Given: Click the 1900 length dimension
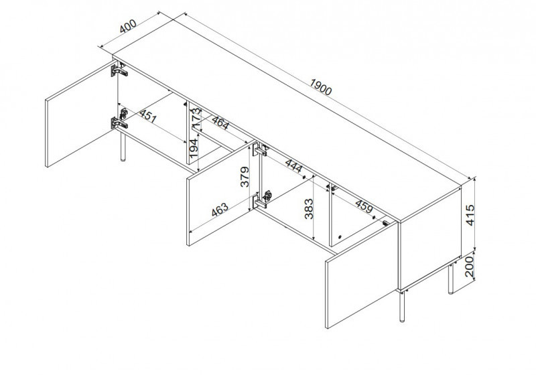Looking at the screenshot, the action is (x=321, y=87).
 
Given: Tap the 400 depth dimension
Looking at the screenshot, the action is (x=128, y=26).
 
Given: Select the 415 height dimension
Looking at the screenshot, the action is (x=471, y=215).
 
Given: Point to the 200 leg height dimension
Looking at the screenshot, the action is (x=470, y=267).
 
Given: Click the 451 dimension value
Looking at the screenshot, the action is (x=148, y=116).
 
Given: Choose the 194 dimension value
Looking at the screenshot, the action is (x=193, y=148).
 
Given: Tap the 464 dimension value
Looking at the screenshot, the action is (x=220, y=123).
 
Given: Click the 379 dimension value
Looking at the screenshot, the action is (x=245, y=177).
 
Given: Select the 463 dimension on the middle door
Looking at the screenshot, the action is (x=220, y=210).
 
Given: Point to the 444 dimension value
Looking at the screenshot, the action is (x=293, y=166).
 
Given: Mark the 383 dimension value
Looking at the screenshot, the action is (x=309, y=209).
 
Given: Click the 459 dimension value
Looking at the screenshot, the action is (x=364, y=206).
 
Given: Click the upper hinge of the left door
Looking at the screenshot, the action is (x=119, y=70).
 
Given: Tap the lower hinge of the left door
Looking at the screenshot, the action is (x=119, y=123).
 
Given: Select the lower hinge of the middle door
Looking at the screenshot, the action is (x=261, y=200).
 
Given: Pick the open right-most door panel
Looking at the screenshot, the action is (x=362, y=275).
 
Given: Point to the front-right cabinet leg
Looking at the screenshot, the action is (x=403, y=306).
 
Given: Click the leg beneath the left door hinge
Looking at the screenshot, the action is (x=123, y=147).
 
